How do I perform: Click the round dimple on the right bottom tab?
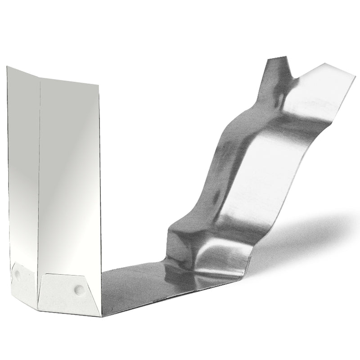[80, 288]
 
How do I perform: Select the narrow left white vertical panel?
[22, 171]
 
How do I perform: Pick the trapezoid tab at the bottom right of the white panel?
[70, 292]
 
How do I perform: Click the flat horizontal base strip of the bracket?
[135, 288]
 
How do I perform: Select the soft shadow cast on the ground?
[310, 234]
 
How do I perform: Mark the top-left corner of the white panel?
[8, 67]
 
